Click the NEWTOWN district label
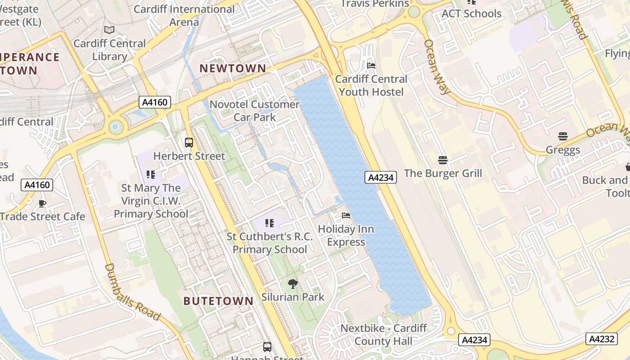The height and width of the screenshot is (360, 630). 233,68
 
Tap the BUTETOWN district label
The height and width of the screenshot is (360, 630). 218,301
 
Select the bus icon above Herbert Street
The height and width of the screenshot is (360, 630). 189,143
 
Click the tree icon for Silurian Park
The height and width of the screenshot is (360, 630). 292,283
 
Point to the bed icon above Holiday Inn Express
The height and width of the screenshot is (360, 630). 346,216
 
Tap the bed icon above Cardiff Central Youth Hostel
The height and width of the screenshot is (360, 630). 371,66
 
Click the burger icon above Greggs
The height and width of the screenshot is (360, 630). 562,136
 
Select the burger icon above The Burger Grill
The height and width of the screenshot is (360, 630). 443,160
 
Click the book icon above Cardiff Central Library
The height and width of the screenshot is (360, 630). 109,30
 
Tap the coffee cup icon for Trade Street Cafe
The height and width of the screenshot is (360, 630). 42,203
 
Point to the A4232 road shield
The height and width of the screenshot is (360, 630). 601,339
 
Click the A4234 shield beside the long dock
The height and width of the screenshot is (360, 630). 381,177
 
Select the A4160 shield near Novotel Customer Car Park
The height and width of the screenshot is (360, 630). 154,102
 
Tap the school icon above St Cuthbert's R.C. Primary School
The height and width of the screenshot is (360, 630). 269,223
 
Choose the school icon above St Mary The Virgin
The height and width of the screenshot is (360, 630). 151,174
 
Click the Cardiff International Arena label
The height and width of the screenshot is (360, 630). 184,15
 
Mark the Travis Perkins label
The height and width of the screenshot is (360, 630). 374,4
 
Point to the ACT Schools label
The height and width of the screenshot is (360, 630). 471,13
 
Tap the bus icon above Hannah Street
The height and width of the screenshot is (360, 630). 267,347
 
